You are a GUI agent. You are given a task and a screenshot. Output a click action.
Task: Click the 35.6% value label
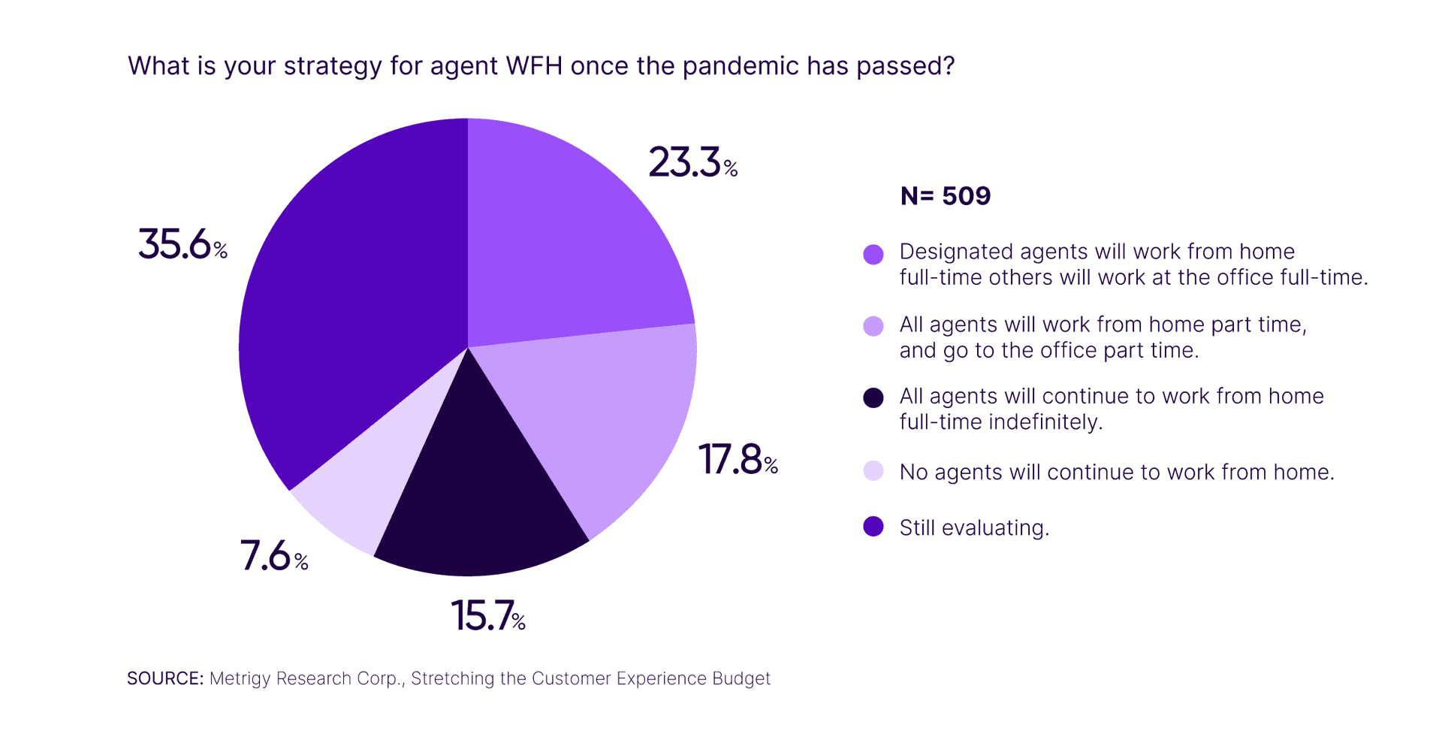pos(182,245)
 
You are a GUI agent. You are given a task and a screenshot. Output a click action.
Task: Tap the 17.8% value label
pos(738,460)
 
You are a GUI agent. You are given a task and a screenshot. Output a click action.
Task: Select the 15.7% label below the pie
pos(487,616)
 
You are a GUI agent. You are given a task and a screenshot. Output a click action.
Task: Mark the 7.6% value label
pos(273,557)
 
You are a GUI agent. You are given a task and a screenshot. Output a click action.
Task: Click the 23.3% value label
pos(692,163)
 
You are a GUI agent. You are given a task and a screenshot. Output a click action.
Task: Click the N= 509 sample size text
pos(945,196)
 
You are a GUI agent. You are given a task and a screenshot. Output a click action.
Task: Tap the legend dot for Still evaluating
pos(873,527)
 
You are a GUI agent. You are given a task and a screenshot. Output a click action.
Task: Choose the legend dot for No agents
pos(873,471)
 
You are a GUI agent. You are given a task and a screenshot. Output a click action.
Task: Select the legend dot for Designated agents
pos(873,255)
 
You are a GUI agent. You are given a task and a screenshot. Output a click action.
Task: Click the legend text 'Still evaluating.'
pos(973,528)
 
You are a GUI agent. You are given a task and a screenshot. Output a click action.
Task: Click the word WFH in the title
pos(534,66)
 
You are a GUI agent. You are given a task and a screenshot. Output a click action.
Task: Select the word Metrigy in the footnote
pos(240,679)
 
